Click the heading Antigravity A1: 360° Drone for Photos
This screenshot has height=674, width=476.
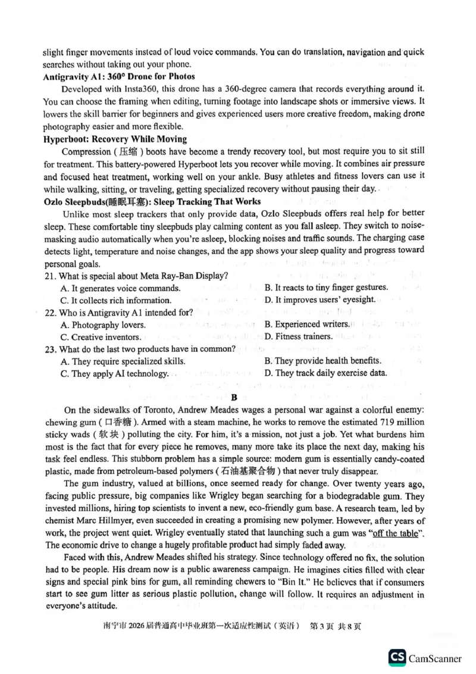119,76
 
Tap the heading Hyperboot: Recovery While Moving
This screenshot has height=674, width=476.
115,139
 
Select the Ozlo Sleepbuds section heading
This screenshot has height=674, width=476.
152,202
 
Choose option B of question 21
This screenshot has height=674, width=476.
325,288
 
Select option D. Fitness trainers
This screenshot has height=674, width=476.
298,336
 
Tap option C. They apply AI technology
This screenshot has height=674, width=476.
114,374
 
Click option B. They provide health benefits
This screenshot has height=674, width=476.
322,361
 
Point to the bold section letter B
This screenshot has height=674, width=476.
234,397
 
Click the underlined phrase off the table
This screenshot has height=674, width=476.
394,533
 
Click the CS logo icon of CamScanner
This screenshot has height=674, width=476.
397,657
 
